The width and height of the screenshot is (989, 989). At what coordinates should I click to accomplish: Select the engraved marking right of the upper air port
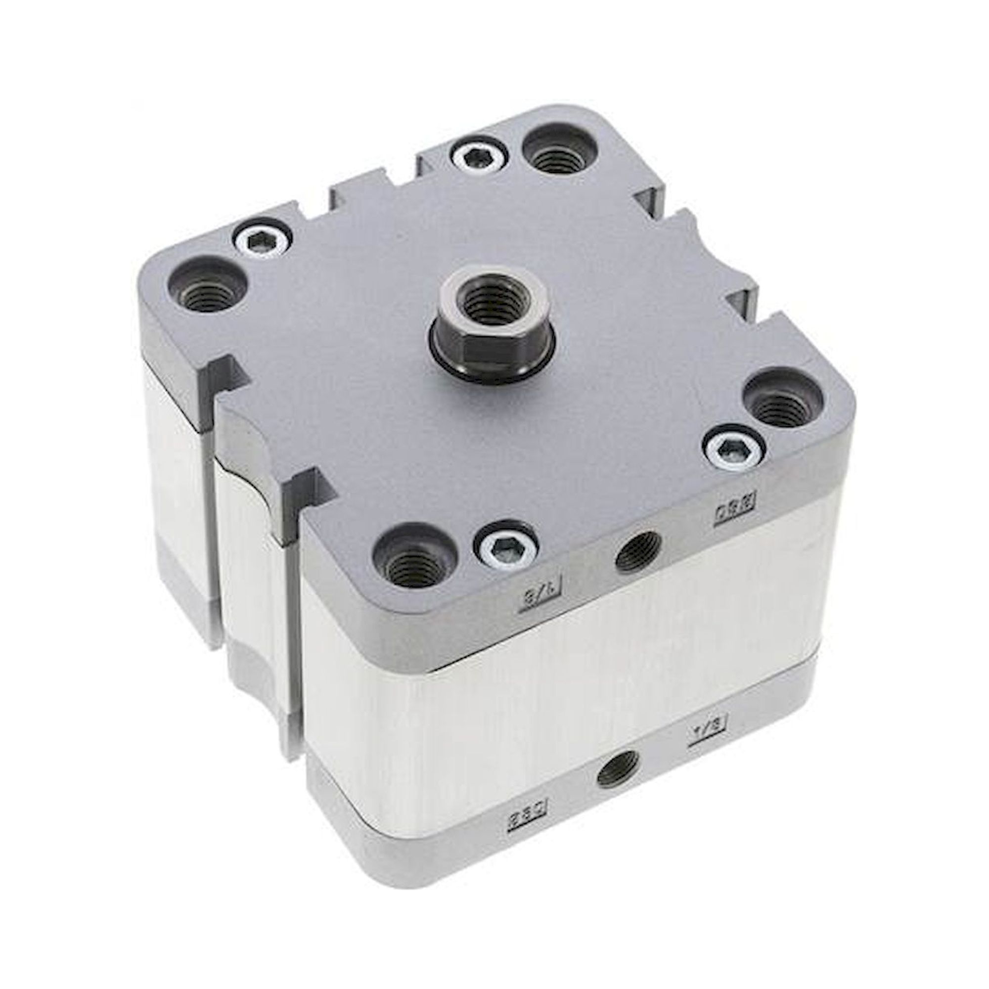tap(735, 511)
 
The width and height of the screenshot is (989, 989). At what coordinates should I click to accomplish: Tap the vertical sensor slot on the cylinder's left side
tap(211, 512)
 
